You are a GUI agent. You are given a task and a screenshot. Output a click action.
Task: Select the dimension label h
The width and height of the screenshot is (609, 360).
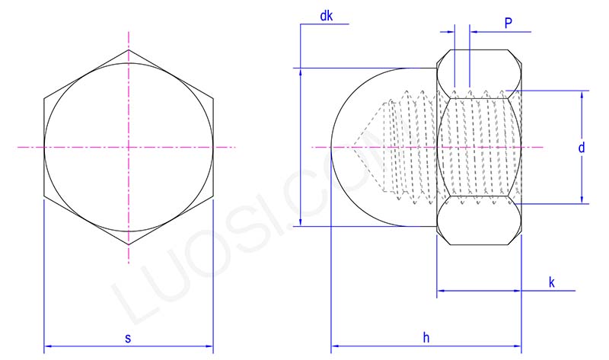pyautogui.click(x=426, y=336)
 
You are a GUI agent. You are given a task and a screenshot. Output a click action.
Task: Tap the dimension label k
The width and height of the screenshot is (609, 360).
pyautogui.click(x=551, y=282)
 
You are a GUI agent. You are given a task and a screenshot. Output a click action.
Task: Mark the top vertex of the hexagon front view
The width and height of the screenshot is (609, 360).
pyautogui.click(x=129, y=50)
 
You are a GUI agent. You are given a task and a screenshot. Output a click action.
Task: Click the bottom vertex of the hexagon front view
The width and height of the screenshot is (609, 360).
pyautogui.click(x=129, y=245)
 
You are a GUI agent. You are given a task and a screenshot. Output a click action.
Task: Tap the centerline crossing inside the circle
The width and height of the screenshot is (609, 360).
pyautogui.click(x=129, y=146)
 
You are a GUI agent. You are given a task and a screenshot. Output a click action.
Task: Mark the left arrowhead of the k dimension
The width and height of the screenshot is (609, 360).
pyautogui.click(x=440, y=292)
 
